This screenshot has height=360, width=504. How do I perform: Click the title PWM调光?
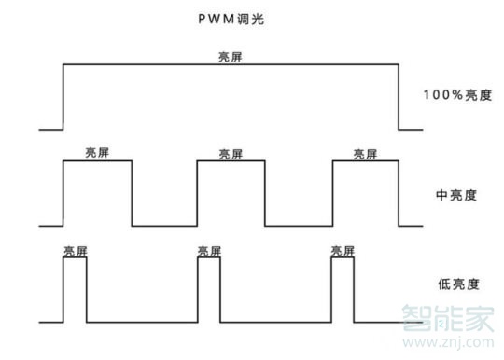click(230, 19)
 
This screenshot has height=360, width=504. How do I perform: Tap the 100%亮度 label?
click(457, 95)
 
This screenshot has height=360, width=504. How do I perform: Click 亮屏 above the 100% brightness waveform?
click(230, 58)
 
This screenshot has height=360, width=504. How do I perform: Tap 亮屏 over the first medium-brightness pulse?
click(97, 153)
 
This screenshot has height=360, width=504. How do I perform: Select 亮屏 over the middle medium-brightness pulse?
click(231, 153)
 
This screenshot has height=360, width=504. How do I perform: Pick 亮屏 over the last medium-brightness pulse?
click(366, 153)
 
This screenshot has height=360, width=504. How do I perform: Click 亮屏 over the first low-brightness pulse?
click(76, 251)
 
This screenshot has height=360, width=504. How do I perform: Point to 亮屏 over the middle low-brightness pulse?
click(210, 251)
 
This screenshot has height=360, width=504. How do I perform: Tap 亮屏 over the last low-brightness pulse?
click(343, 251)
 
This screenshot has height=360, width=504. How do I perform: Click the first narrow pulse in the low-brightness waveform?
click(75, 290)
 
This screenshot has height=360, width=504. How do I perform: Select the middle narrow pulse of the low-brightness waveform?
click(209, 290)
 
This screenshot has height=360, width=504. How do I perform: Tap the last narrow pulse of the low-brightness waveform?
click(343, 290)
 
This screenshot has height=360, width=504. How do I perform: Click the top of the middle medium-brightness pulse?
click(231, 161)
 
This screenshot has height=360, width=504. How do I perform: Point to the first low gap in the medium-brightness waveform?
click(164, 225)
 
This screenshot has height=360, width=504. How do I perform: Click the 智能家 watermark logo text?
click(447, 321)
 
